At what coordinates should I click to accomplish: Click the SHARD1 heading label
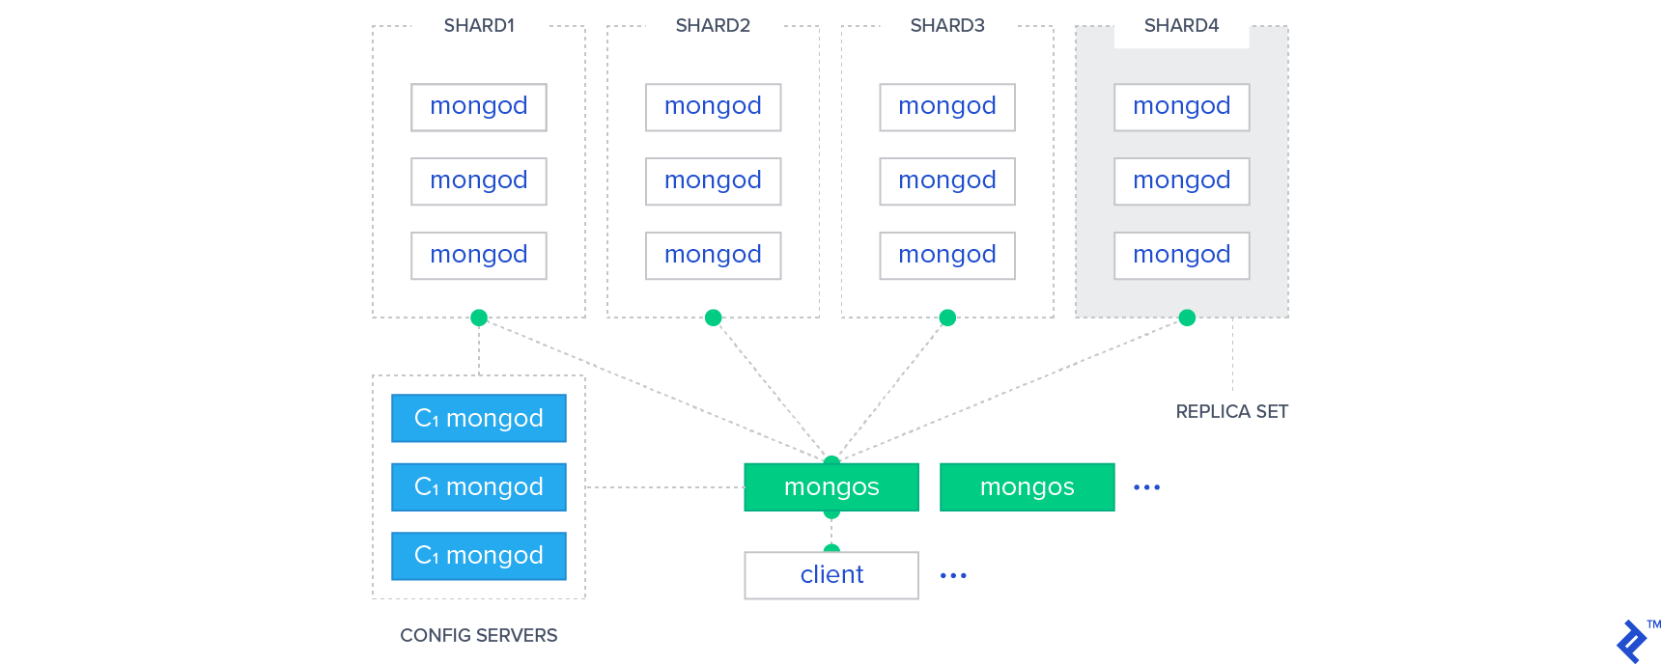pyautogui.click(x=479, y=26)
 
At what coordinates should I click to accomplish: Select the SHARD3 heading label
pyautogui.click(x=947, y=26)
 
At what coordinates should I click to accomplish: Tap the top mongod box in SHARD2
pyautogui.click(x=713, y=106)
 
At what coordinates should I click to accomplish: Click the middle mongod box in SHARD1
pyautogui.click(x=479, y=180)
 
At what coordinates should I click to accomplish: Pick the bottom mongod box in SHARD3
pyautogui.click(x=947, y=255)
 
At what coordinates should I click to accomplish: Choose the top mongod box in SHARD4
pyautogui.click(x=1181, y=106)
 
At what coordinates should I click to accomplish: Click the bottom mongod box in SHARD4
pyautogui.click(x=1181, y=255)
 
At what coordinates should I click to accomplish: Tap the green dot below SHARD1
pyautogui.click(x=479, y=318)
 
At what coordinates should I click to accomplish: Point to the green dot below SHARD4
pyautogui.click(x=1187, y=318)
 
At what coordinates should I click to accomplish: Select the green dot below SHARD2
pyautogui.click(x=713, y=318)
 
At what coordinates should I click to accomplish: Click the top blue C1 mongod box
pyautogui.click(x=479, y=418)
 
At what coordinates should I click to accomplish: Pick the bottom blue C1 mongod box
pyautogui.click(x=479, y=555)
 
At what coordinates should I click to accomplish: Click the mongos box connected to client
pyautogui.click(x=831, y=487)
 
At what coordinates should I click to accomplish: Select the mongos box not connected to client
pyautogui.click(x=1027, y=487)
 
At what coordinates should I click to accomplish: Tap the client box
pyautogui.click(x=831, y=575)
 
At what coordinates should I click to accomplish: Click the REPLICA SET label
pyautogui.click(x=1231, y=412)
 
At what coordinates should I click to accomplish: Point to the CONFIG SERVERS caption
pyautogui.click(x=479, y=635)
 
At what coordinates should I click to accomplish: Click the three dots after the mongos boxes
pyautogui.click(x=1146, y=487)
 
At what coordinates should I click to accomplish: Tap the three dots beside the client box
pyautogui.click(x=953, y=575)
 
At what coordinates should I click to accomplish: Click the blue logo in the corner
pyautogui.click(x=1633, y=641)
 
